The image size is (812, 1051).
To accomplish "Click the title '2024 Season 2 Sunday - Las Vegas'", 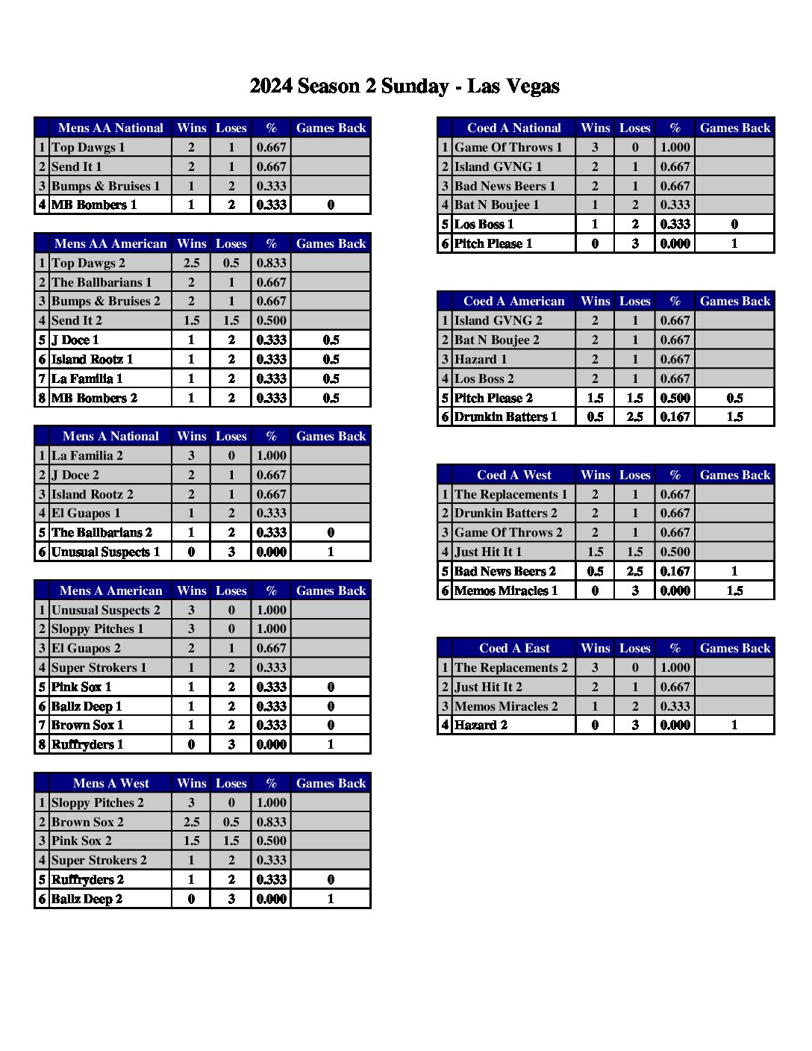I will click(x=405, y=87).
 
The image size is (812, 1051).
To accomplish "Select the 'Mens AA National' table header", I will click(x=110, y=128).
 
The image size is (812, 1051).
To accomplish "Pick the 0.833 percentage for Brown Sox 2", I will click(x=271, y=822).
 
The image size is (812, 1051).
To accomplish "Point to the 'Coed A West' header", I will click(x=513, y=475).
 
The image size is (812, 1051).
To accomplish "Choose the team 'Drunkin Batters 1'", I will click(x=505, y=417).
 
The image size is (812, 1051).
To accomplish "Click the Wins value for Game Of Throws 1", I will click(x=595, y=147).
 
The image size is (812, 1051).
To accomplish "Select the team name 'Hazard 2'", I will click(x=481, y=725).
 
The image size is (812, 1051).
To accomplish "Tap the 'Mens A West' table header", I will click(x=110, y=783).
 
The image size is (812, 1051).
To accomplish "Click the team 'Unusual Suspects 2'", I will click(x=105, y=610).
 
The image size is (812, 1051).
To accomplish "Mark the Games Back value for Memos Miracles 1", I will click(x=734, y=590).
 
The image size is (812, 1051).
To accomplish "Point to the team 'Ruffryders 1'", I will click(x=87, y=744).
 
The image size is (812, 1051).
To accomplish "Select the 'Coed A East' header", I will click(x=513, y=648).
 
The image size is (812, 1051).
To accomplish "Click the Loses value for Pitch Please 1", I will click(x=635, y=243).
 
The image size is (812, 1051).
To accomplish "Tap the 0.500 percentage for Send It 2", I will click(x=271, y=320).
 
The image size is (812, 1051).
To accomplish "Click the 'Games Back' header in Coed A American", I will click(x=734, y=301).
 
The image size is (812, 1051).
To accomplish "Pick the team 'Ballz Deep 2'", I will click(x=87, y=899).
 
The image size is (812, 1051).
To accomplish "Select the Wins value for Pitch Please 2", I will click(x=595, y=398).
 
